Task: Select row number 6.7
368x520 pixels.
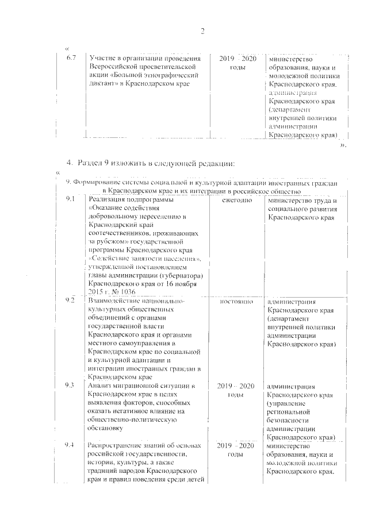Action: tap(71, 59)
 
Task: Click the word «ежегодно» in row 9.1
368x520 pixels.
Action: tap(235, 200)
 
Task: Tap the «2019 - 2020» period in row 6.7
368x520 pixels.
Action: tap(237, 59)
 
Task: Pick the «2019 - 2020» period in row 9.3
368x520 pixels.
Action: tap(237, 384)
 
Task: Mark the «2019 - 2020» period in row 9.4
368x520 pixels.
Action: tap(237, 446)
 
